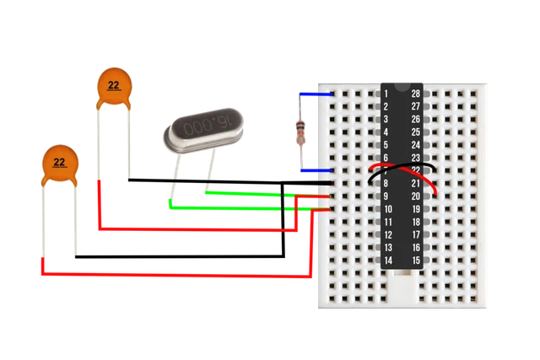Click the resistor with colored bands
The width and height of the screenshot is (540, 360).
(x=299, y=131)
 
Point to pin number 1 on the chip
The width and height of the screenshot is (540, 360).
(x=386, y=94)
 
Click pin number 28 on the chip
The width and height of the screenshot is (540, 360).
(x=415, y=94)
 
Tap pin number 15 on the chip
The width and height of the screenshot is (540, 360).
(x=415, y=261)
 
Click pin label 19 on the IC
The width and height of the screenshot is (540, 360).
(x=415, y=209)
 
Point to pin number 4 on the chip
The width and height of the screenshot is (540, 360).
(x=386, y=132)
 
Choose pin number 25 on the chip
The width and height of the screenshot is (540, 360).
(x=415, y=132)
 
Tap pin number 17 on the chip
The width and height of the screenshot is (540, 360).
(x=415, y=234)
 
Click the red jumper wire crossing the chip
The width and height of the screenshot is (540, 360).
(x=402, y=177)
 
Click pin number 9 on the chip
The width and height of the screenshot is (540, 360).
(x=386, y=196)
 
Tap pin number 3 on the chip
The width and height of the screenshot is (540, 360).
(x=386, y=120)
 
